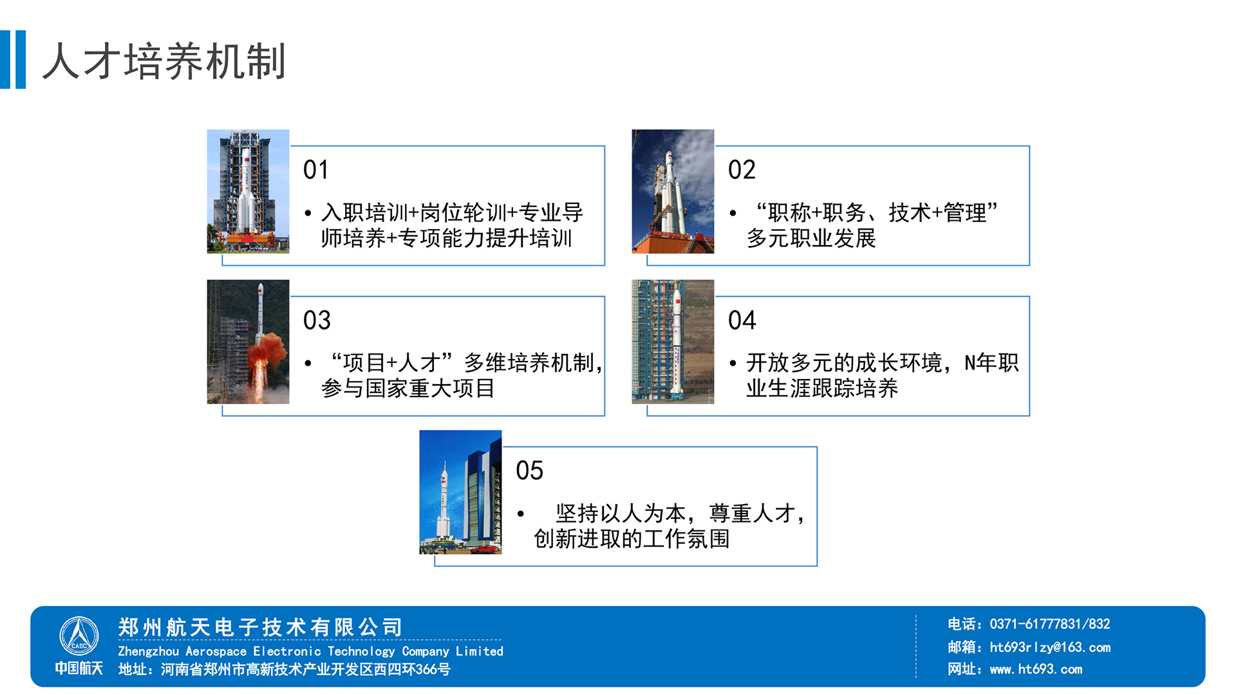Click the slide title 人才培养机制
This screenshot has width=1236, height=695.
[164, 62]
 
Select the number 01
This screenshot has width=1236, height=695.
[316, 170]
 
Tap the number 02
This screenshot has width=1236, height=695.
[742, 170]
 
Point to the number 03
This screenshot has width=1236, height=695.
[317, 320]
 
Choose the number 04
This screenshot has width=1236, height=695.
[742, 320]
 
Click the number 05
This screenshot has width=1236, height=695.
[529, 470]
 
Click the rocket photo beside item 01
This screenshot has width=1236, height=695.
[248, 191]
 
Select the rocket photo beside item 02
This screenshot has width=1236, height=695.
[673, 191]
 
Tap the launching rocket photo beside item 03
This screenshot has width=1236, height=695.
[248, 342]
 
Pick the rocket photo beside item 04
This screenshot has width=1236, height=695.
[673, 342]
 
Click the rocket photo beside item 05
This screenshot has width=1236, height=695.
[460, 492]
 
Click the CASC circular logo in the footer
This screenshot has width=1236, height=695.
[79, 636]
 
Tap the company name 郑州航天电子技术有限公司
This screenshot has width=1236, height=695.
[260, 627]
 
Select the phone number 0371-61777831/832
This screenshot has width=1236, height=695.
[1050, 624]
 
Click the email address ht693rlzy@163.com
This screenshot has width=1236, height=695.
[1050, 647]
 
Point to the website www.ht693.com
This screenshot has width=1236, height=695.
[1036, 669]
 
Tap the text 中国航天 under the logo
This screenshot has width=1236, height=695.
[79, 668]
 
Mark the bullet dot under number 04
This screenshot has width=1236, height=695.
[733, 364]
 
